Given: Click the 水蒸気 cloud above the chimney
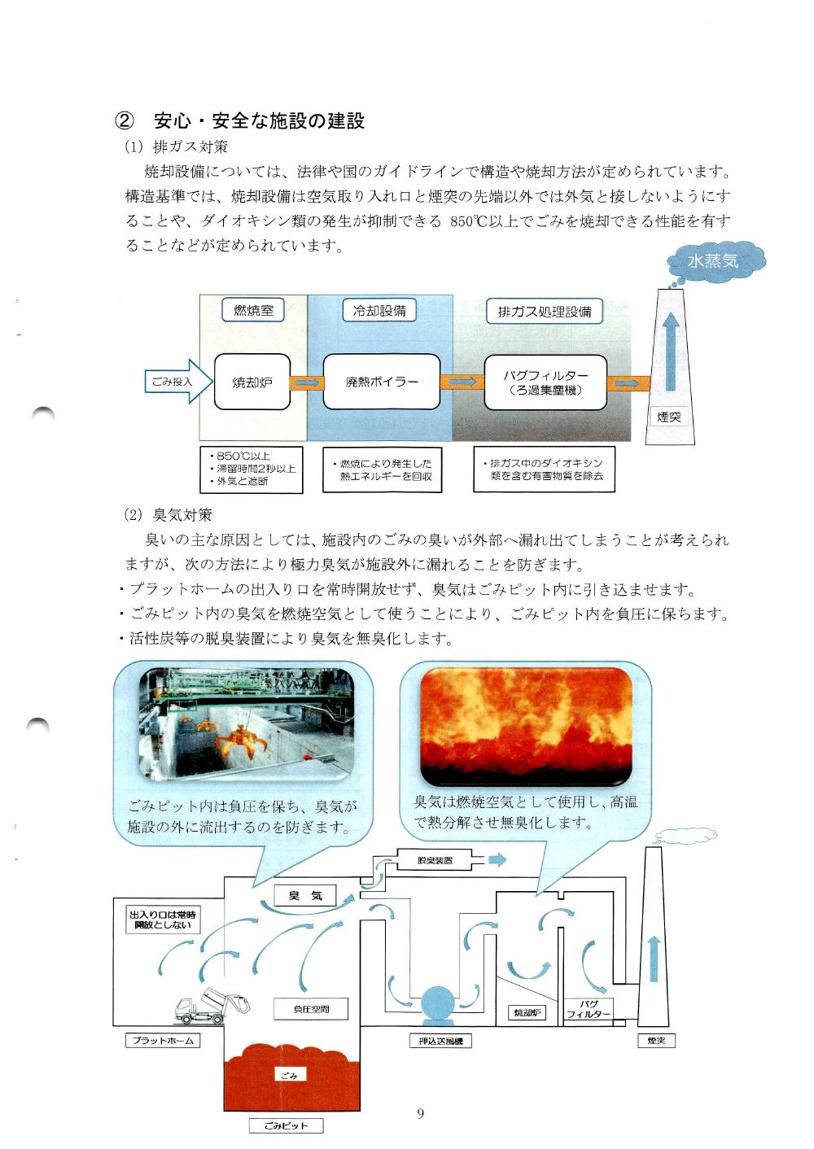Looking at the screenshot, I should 714,261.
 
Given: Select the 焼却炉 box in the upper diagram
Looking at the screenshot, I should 253,381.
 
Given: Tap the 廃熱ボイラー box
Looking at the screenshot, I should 382,381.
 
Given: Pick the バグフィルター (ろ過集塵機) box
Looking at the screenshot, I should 545,382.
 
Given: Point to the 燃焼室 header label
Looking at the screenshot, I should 253,311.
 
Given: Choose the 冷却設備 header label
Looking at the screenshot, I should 379,310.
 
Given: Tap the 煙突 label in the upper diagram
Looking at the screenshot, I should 669,417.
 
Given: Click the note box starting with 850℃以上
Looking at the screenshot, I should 251,469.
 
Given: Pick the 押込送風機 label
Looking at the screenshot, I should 440,1041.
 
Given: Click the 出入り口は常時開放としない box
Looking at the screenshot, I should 162,920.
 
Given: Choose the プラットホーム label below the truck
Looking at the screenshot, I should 163,1040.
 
